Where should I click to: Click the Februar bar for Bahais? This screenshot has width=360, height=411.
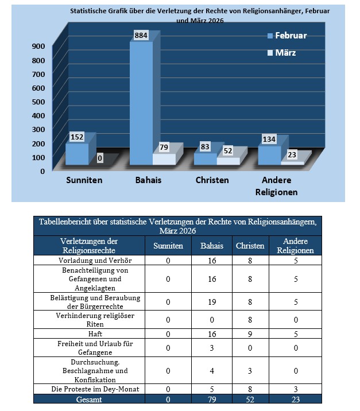(141, 103)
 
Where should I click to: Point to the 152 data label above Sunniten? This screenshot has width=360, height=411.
(78, 137)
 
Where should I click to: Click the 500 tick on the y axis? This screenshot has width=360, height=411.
(38, 102)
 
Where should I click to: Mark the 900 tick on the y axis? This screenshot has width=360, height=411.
(38, 46)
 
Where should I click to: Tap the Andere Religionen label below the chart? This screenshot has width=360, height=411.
(276, 186)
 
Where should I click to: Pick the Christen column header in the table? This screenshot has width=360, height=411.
(250, 246)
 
